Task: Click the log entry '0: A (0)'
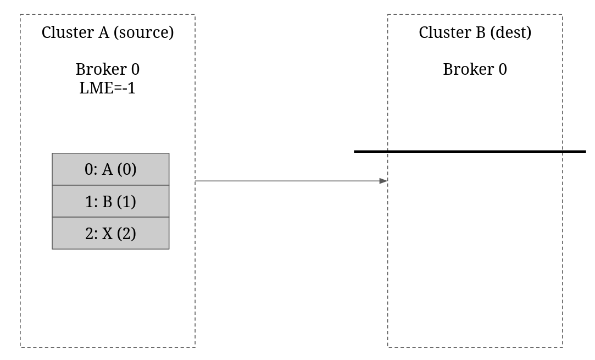click(x=110, y=169)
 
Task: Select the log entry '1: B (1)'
click(x=110, y=201)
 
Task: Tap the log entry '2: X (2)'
click(x=110, y=233)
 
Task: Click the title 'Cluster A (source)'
click(x=108, y=32)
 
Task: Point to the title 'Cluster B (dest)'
click(x=475, y=32)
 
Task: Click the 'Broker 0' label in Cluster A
click(x=108, y=69)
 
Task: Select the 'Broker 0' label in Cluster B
click(x=475, y=69)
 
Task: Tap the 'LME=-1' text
click(x=107, y=88)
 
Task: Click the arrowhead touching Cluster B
click(x=383, y=181)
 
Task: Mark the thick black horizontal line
click(x=470, y=152)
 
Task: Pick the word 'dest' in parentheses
click(x=511, y=32)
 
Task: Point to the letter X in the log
click(x=107, y=234)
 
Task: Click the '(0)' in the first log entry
click(x=127, y=169)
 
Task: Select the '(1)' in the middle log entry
click(x=126, y=202)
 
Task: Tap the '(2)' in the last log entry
click(x=126, y=234)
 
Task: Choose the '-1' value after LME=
click(x=129, y=88)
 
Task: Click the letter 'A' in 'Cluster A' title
click(x=104, y=32)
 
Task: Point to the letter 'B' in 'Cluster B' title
click(x=481, y=32)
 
